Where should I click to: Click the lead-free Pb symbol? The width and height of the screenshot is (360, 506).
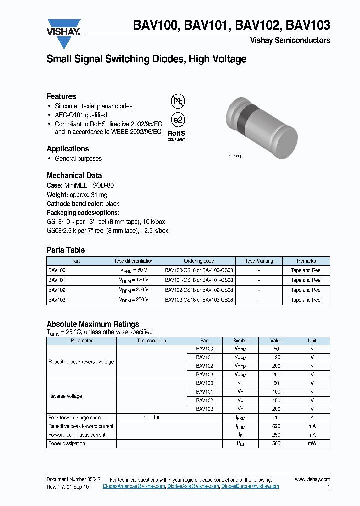(178, 102)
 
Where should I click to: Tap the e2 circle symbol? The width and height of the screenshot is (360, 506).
(178, 120)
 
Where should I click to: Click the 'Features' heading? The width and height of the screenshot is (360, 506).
(61, 97)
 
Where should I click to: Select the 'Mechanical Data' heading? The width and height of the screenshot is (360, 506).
(74, 176)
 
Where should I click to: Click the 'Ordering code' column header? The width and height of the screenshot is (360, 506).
(199, 261)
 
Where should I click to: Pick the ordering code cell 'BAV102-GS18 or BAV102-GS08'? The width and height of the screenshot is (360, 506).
(199, 290)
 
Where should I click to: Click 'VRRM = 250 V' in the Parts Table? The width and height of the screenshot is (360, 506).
(133, 300)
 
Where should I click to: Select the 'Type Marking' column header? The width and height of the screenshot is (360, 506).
(259, 261)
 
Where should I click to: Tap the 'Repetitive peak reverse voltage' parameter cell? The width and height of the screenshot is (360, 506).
(81, 362)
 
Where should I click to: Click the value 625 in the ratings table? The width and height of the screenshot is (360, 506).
(276, 427)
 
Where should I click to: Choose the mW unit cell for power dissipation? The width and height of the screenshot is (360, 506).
(312, 444)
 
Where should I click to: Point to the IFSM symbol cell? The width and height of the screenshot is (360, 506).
(240, 418)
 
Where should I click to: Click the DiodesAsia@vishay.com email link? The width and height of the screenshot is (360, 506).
(193, 486)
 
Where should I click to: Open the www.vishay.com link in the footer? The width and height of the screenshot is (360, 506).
(312, 479)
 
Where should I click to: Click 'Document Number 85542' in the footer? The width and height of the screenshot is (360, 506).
(73, 479)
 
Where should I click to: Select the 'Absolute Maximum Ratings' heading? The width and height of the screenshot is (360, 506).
(93, 324)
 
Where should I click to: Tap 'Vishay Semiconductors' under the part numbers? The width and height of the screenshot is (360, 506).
(290, 40)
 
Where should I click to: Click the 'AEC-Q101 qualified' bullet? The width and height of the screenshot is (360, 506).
(81, 115)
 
